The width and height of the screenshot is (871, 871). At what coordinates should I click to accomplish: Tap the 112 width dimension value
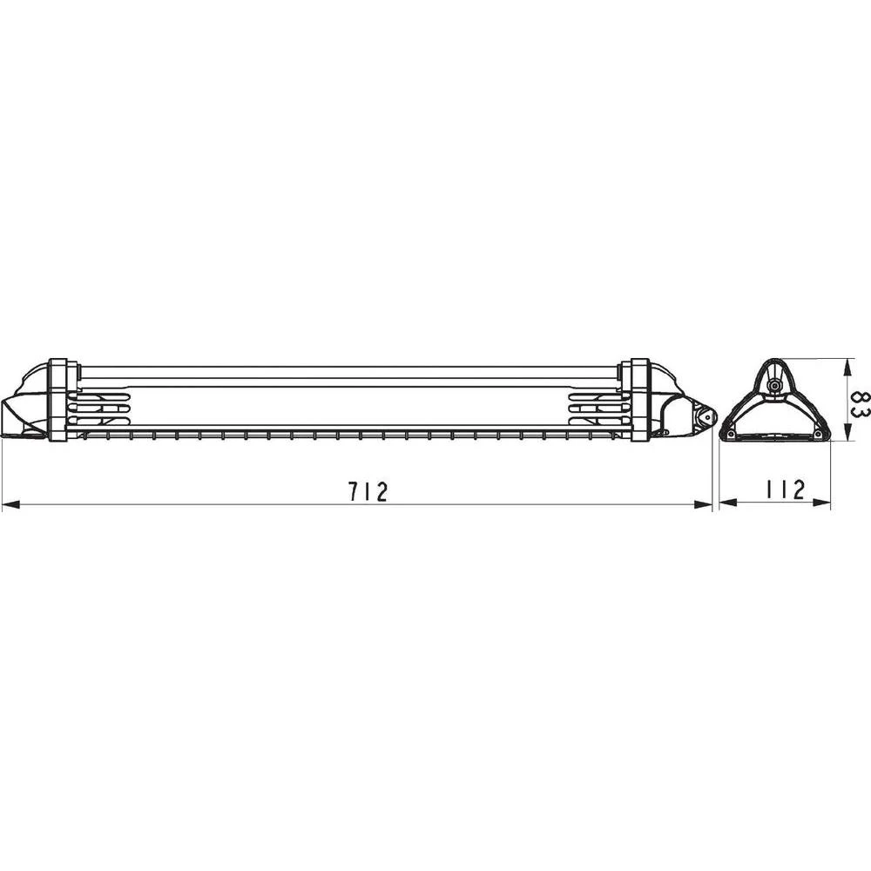coord(785,490)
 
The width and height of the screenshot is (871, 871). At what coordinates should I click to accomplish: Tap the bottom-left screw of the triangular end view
coord(731,434)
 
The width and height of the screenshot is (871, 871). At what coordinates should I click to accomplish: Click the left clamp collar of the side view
coord(58,399)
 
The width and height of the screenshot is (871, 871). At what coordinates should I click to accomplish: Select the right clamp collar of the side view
coord(640,399)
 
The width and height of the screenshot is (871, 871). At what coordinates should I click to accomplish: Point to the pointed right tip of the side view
coord(713,415)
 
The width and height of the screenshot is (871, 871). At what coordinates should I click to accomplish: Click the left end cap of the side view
coord(26,405)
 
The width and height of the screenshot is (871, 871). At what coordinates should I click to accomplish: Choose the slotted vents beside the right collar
coord(597,406)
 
